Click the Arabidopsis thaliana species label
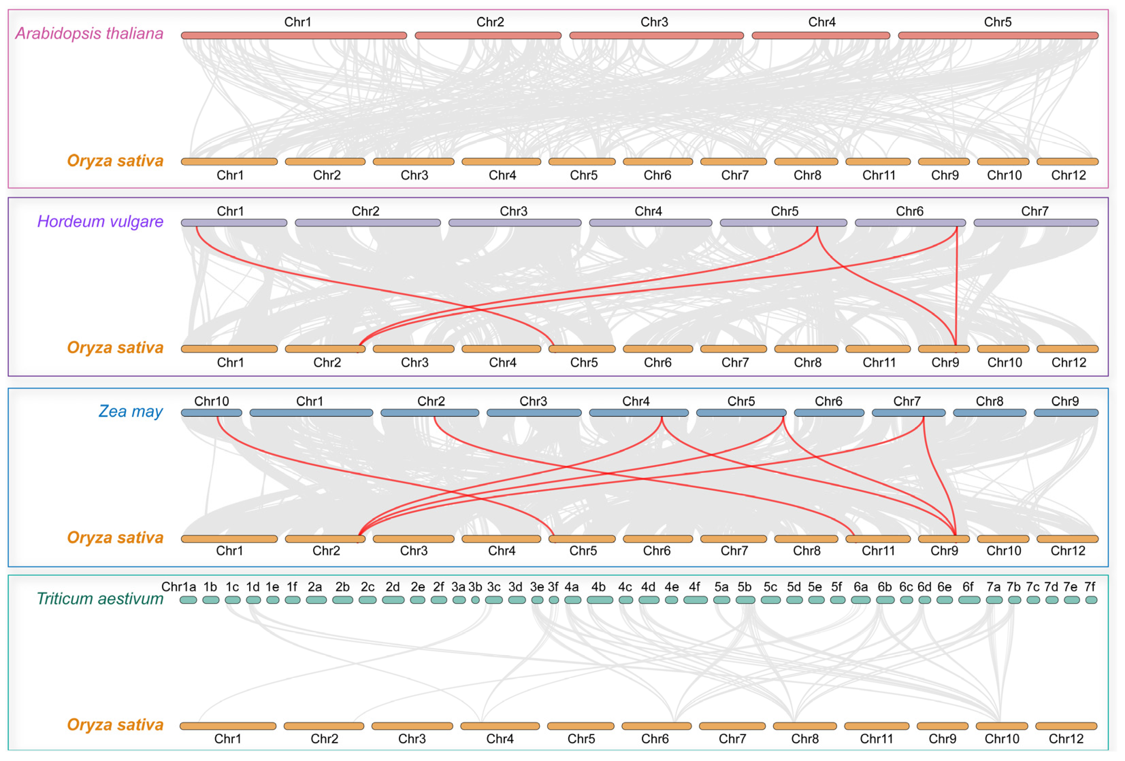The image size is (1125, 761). (x=89, y=33)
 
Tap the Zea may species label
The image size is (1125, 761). (x=130, y=411)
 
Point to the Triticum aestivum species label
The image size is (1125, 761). (x=100, y=599)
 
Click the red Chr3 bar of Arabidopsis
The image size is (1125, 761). (x=656, y=35)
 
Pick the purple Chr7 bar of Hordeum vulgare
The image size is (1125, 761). (x=1036, y=222)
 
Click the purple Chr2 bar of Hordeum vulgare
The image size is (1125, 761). (x=368, y=222)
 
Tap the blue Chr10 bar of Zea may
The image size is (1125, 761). (x=212, y=413)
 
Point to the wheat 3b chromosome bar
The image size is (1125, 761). (x=475, y=600)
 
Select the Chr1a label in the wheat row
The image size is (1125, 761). (x=179, y=587)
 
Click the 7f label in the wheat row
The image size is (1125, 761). (x=1089, y=587)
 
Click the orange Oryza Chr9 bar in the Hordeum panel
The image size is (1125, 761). (x=944, y=349)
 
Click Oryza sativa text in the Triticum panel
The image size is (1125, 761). (x=115, y=725)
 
